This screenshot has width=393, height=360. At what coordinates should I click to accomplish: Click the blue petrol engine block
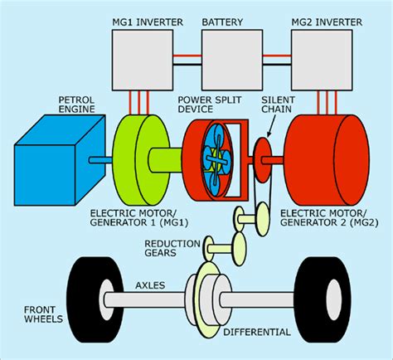60,160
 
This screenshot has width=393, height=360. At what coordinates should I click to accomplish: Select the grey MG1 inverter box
143,60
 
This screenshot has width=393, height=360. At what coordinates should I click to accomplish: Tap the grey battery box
232,60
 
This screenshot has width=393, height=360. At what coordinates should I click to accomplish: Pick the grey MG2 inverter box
322,60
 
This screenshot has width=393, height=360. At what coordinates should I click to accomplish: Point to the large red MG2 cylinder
328,160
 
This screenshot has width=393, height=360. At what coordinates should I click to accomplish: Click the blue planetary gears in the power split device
216,160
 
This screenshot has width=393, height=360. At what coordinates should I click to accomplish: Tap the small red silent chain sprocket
262,160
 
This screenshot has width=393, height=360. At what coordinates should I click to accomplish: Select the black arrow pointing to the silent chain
272,126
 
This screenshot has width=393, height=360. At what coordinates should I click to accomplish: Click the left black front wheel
95,299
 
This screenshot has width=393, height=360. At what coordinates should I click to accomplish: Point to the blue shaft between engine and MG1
100,160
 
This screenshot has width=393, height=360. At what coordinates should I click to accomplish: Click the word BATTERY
222,22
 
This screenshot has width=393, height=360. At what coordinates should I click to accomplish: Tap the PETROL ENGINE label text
76,105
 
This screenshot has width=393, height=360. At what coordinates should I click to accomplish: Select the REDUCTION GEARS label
172,248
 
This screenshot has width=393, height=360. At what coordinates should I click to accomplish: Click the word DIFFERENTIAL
257,332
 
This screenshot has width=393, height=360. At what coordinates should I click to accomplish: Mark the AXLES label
150,285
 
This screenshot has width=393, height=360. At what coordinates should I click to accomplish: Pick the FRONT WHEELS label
43,314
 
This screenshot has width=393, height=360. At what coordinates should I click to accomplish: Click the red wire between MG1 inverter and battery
187,56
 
